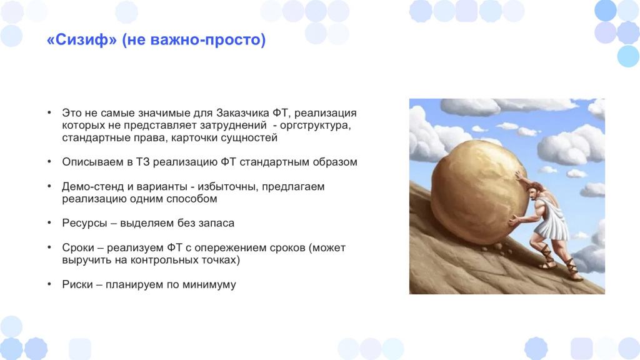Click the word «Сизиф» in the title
pos(82,39)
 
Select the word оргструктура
pos(315,125)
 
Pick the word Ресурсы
pos(85,223)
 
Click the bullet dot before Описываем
pos(49,162)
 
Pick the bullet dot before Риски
pos(49,284)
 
